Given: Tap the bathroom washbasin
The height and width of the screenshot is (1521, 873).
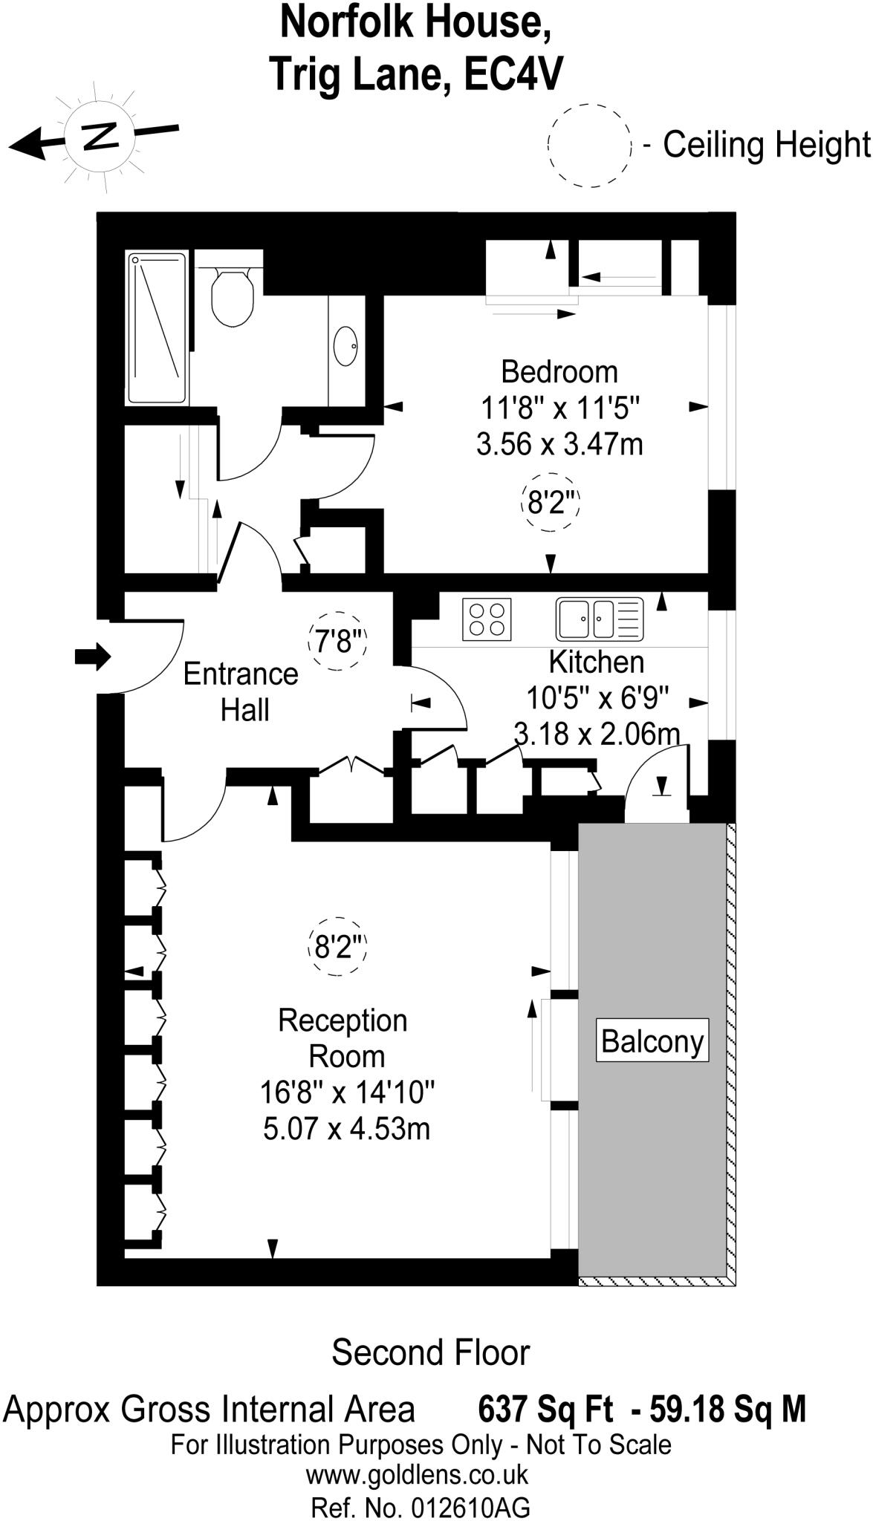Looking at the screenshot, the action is (345, 346).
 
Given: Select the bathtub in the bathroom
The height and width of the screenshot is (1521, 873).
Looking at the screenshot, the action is (156, 328).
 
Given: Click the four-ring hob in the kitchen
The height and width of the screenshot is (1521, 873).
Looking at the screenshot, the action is (487, 619).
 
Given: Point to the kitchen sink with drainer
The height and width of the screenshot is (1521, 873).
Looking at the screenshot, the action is (600, 619).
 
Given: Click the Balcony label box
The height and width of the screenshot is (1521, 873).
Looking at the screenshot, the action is (652, 1040).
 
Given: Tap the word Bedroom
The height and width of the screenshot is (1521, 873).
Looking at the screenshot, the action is (559, 371).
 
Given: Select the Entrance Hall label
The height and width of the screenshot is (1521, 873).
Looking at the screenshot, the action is (241, 692).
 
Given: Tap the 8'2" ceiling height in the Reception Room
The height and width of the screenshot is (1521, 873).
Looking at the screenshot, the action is (338, 947).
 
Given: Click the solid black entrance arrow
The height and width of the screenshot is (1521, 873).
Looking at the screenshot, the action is (93, 657).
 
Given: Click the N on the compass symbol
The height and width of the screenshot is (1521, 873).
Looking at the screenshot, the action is (100, 134).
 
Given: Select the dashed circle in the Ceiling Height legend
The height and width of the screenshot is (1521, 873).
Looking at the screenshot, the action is (589, 145).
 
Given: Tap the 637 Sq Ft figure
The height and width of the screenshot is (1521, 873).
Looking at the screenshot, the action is (546, 1409).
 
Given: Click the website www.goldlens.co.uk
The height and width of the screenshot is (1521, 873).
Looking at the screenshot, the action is (417, 1474).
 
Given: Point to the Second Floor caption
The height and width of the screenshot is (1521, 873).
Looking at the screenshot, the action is (430, 1353).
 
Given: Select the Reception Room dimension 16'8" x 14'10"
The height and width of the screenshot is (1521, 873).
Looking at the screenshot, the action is (347, 1092).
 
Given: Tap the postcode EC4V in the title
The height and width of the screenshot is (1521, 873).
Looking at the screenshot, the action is (513, 74).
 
